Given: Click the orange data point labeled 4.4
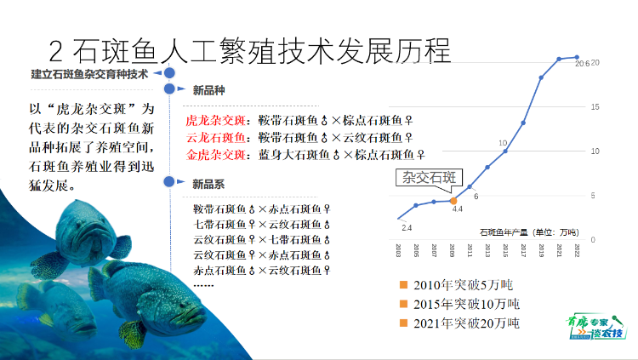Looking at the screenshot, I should [x=453, y=200].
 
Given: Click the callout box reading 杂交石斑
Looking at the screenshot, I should [x=430, y=178].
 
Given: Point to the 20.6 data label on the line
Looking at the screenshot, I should [x=582, y=63].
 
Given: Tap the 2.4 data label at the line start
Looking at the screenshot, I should [x=406, y=227].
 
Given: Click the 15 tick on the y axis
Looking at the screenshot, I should [x=595, y=107].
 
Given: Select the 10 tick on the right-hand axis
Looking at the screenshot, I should [x=595, y=151].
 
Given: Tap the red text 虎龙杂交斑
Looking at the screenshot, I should [x=214, y=121].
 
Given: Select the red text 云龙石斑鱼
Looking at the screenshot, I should [x=214, y=138].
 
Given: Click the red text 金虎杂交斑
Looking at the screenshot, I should [x=214, y=155].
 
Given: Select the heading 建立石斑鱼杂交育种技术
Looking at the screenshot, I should [x=89, y=74].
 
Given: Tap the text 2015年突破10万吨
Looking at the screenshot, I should [x=466, y=304].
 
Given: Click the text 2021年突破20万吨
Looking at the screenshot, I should [x=466, y=323].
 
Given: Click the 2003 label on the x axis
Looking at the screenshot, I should [x=398, y=249].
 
